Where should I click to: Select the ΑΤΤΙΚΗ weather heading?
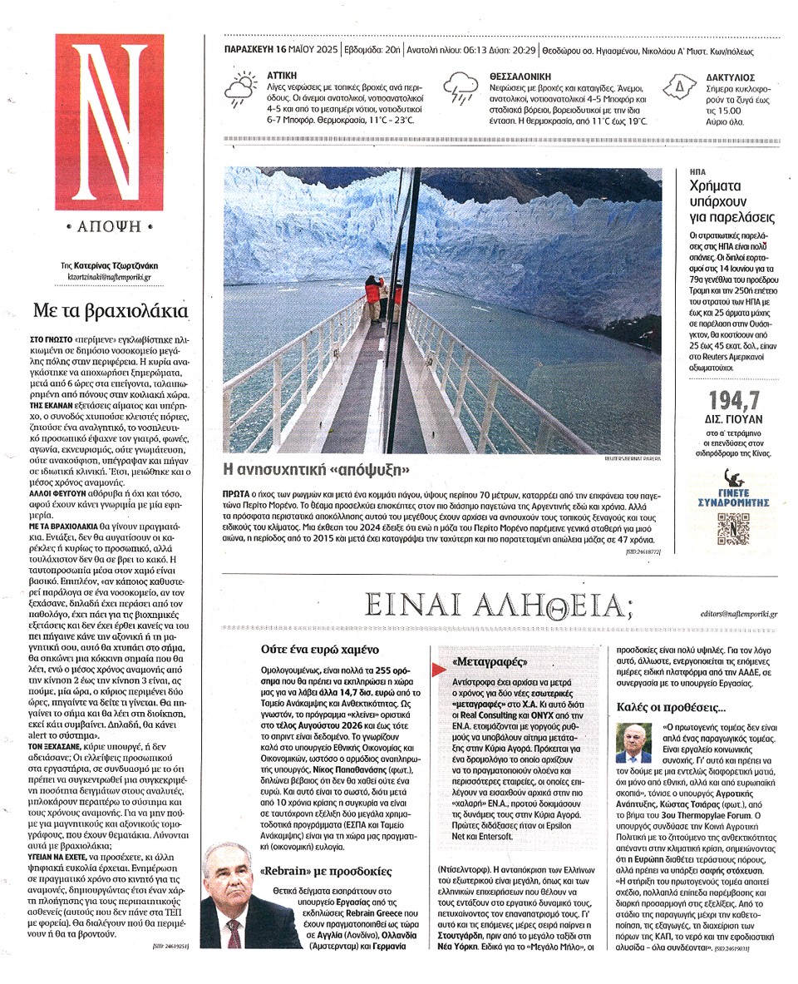[282, 75]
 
